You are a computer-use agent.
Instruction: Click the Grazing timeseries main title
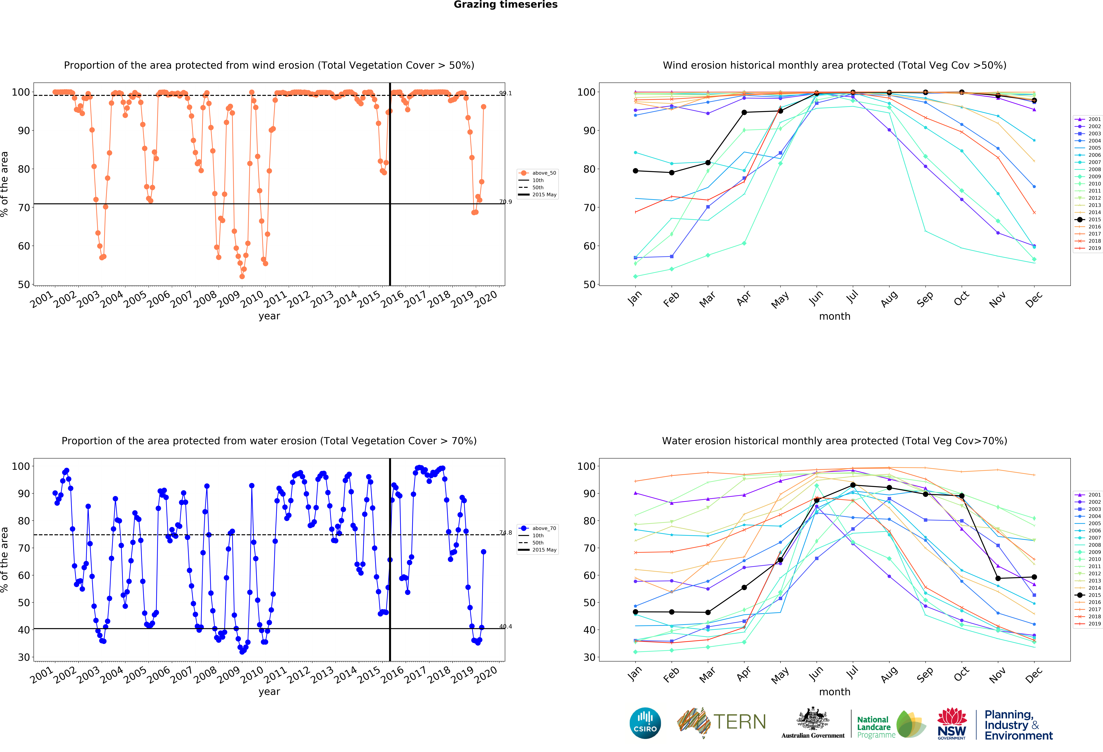(505, 5)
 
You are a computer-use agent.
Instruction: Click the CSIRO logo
(645, 723)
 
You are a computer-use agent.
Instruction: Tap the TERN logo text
(739, 722)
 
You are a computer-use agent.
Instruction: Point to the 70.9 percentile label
(505, 202)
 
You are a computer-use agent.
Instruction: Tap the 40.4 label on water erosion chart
(505, 627)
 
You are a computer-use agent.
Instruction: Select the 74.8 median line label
(505, 533)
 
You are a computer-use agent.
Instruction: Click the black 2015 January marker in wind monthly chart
(635, 171)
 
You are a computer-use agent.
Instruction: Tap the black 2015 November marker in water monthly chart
(998, 578)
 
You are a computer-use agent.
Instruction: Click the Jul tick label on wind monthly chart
(852, 297)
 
